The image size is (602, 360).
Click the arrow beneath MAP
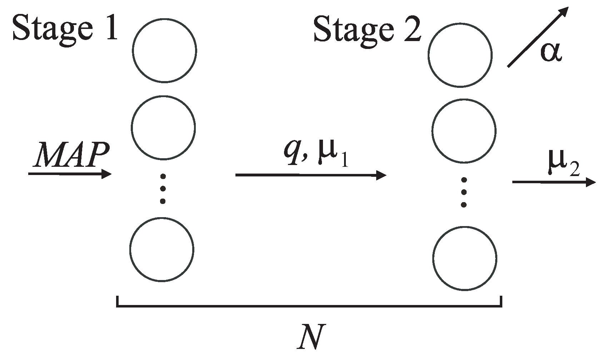tap(70, 174)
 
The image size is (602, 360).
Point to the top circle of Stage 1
tap(164, 50)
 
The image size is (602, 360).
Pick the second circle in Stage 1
tap(163, 127)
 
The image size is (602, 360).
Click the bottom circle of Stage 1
tap(162, 249)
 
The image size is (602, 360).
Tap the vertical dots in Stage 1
tap(163, 189)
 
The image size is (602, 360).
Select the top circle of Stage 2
tap(460, 55)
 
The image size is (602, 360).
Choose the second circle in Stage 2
tap(464, 131)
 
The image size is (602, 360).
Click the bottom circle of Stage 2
tap(464, 258)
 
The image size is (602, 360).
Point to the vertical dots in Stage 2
tap(464, 192)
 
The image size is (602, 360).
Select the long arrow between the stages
tap(311, 175)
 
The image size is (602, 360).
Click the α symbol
tap(551, 52)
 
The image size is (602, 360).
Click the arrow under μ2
tap(554, 182)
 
